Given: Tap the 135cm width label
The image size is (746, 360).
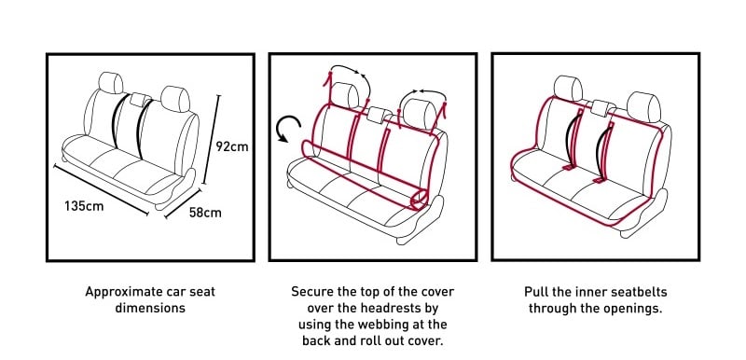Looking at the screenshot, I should [x=83, y=205].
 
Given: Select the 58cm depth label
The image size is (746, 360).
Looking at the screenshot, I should [x=205, y=213].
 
